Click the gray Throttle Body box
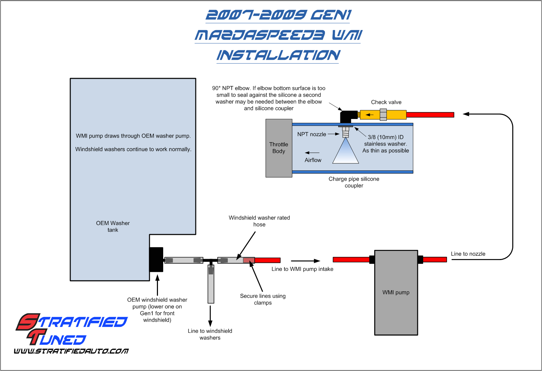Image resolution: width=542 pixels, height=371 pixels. (279, 148)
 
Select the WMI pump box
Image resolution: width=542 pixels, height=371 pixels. (396, 293)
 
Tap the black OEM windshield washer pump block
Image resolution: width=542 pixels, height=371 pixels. (156, 259)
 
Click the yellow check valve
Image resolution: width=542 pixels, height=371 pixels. (383, 114)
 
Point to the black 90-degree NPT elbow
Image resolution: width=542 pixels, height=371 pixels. (347, 116)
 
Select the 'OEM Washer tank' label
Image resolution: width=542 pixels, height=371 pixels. (113, 226)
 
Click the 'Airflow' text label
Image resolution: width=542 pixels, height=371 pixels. (313, 160)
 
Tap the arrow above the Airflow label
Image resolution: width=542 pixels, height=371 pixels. (312, 153)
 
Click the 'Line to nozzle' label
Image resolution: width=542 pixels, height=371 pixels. (468, 254)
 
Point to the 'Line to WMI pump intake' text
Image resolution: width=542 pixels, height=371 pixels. (302, 269)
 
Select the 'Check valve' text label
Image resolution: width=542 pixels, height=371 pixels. (386, 102)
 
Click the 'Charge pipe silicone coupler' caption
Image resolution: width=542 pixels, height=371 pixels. (354, 182)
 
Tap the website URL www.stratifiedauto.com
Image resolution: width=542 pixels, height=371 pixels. (71, 351)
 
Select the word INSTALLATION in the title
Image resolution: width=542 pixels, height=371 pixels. (278, 55)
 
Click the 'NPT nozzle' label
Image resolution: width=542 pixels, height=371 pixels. (311, 134)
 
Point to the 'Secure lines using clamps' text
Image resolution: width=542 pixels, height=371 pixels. (263, 299)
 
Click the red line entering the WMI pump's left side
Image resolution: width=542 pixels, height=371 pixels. (351, 259)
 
